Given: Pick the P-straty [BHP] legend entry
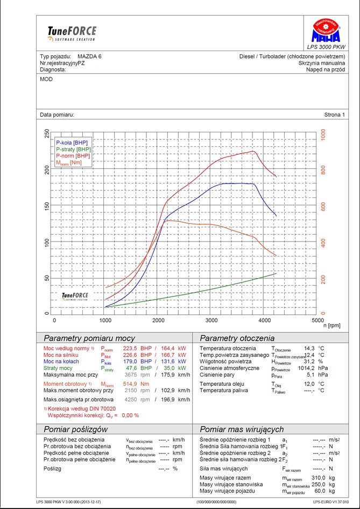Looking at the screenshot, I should pos(74,149).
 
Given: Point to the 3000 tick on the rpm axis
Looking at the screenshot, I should pos(211,320).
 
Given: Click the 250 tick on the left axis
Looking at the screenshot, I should pos(47,133).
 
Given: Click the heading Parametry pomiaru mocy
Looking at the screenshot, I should pos(89,338).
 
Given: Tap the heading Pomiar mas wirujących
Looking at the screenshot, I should pos(241,429).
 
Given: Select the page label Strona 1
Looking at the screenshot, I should pos(335,115).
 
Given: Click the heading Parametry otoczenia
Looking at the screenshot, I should pos(237,338).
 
